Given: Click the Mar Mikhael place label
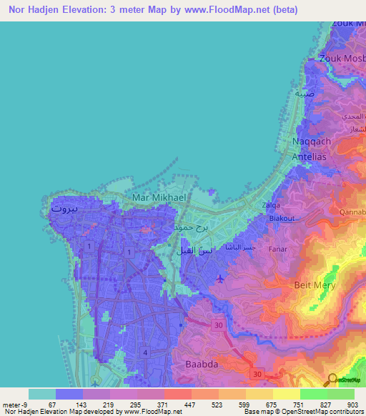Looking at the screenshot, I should pyautogui.click(x=158, y=197).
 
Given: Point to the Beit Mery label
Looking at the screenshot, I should pyautogui.click(x=315, y=284).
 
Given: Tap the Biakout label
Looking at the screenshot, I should pyautogui.click(x=280, y=219).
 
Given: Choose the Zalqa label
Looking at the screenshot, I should pyautogui.click(x=272, y=205).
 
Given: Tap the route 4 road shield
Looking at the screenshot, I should pyautogui.click(x=145, y=352).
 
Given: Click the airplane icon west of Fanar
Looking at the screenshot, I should pyautogui.click(x=218, y=277).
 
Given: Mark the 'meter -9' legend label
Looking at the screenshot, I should pyautogui.click(x=14, y=405).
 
